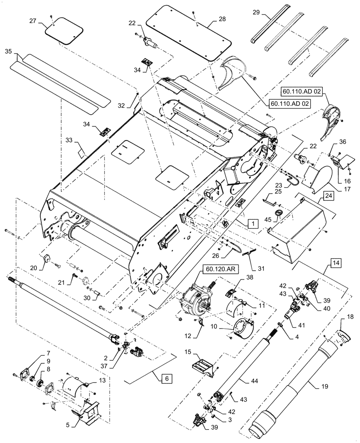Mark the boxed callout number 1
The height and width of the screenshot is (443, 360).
[251, 224]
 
